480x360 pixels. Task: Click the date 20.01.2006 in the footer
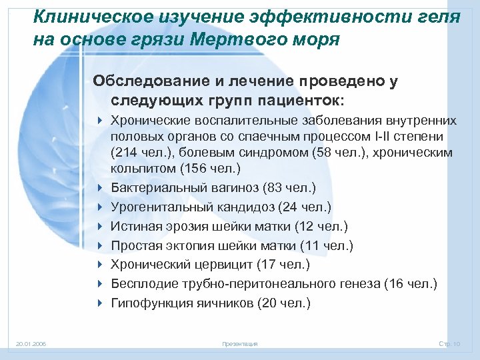31,344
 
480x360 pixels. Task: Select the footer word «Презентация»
239,344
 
